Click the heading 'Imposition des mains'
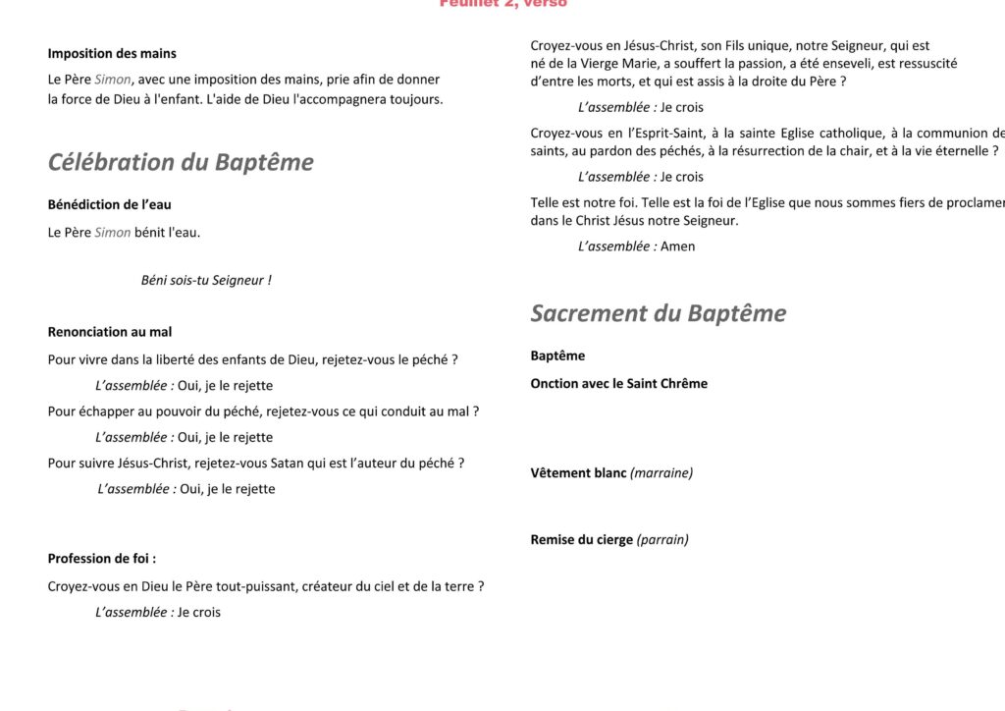(112, 54)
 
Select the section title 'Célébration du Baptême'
(181, 162)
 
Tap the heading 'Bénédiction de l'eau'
(109, 205)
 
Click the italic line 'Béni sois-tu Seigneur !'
(206, 280)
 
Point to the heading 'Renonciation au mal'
(110, 332)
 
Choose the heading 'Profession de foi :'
(102, 559)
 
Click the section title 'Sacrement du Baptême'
(659, 313)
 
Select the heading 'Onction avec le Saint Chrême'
(618, 384)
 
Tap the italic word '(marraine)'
(661, 473)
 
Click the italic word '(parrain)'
(662, 540)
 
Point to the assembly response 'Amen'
(677, 246)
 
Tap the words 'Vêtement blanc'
(578, 473)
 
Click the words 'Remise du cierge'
(582, 540)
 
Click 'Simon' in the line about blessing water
(113, 233)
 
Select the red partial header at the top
(502, 4)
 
